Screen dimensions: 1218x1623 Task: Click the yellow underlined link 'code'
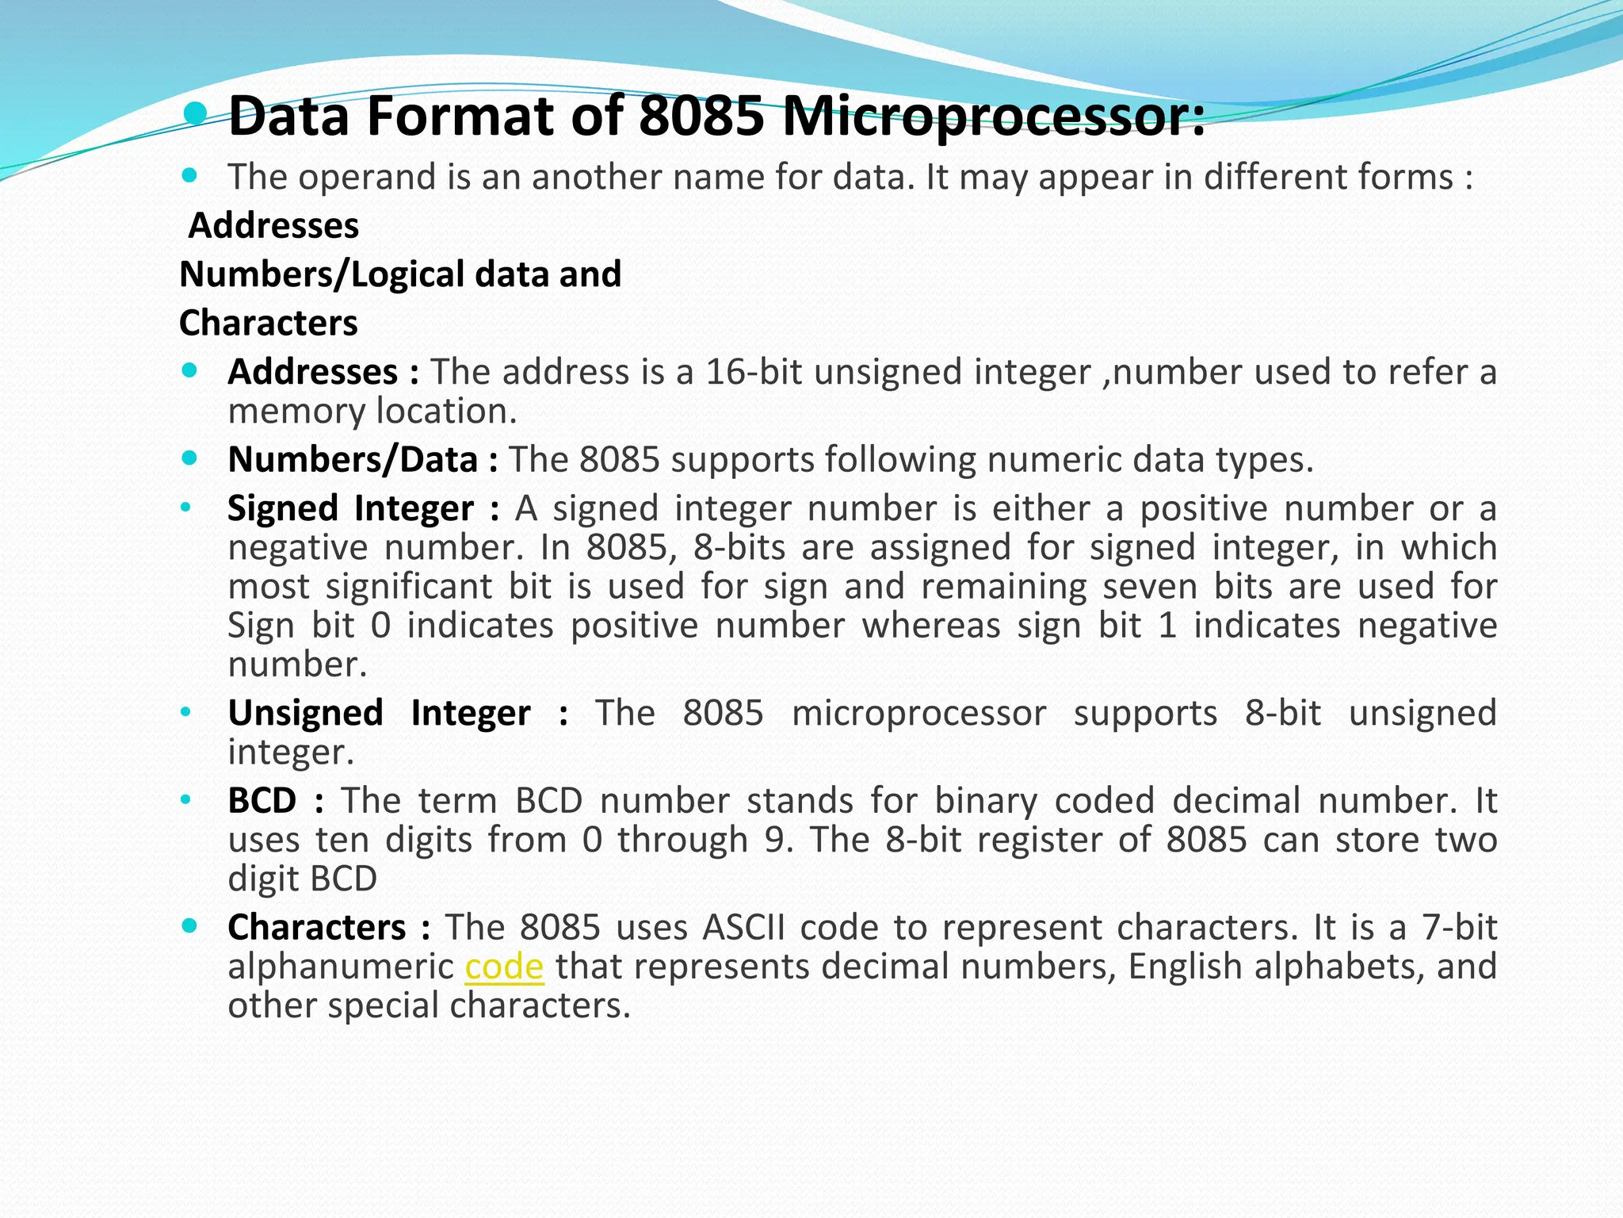click(504, 967)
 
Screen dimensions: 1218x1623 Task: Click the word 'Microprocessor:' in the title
click(994, 117)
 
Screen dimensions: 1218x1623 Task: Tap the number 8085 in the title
click(701, 117)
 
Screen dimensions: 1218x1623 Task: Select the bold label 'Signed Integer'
click(350, 508)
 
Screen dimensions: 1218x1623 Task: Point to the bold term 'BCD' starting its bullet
click(262, 800)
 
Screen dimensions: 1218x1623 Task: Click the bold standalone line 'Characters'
click(269, 323)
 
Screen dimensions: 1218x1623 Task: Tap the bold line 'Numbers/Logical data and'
click(400, 274)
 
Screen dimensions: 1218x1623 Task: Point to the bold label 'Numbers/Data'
click(353, 460)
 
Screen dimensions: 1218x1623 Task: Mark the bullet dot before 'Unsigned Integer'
click(185, 712)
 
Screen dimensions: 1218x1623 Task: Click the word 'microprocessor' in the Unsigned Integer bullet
click(918, 713)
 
